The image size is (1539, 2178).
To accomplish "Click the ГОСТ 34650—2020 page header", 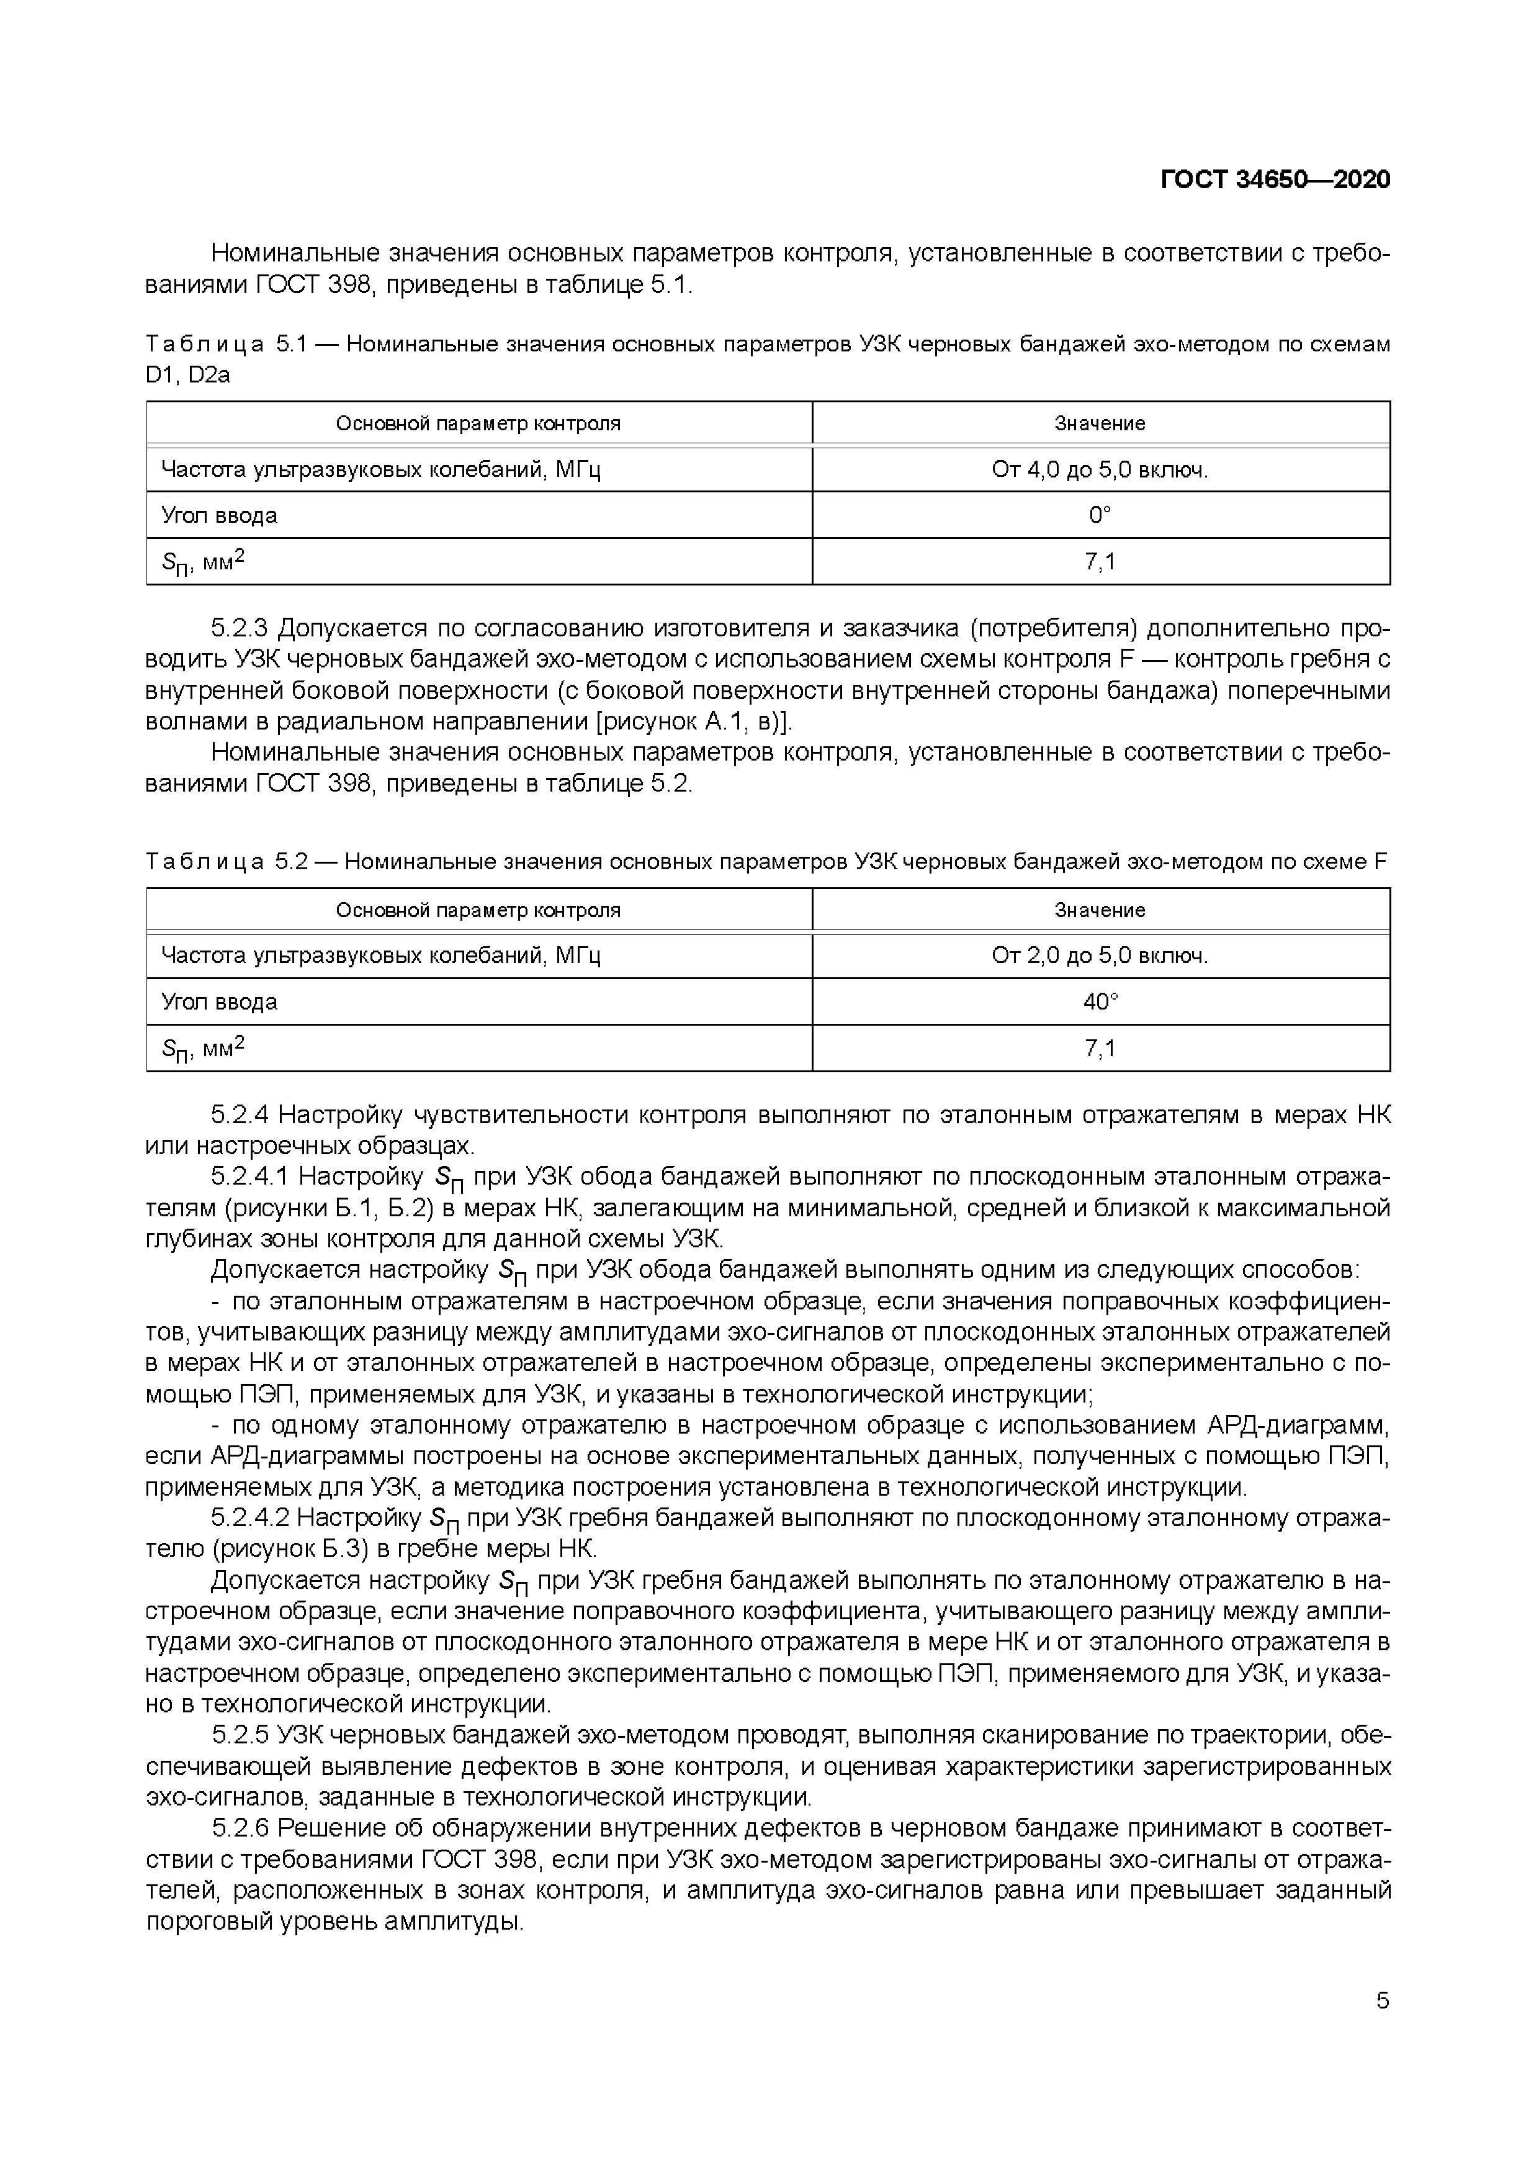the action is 1275,180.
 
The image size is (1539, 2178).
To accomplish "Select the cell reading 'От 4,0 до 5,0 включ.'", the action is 1100,469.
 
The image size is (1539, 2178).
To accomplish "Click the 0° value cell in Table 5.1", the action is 1100,515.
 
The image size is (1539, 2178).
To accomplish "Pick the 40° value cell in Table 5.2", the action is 1100,1001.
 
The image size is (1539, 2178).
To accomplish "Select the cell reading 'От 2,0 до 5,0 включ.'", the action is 1100,956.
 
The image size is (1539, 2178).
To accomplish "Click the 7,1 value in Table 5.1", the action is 1100,562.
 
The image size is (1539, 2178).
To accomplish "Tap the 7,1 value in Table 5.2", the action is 1100,1048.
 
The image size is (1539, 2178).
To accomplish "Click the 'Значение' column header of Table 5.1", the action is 1100,423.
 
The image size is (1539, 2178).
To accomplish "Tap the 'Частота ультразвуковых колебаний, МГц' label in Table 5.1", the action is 380,469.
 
